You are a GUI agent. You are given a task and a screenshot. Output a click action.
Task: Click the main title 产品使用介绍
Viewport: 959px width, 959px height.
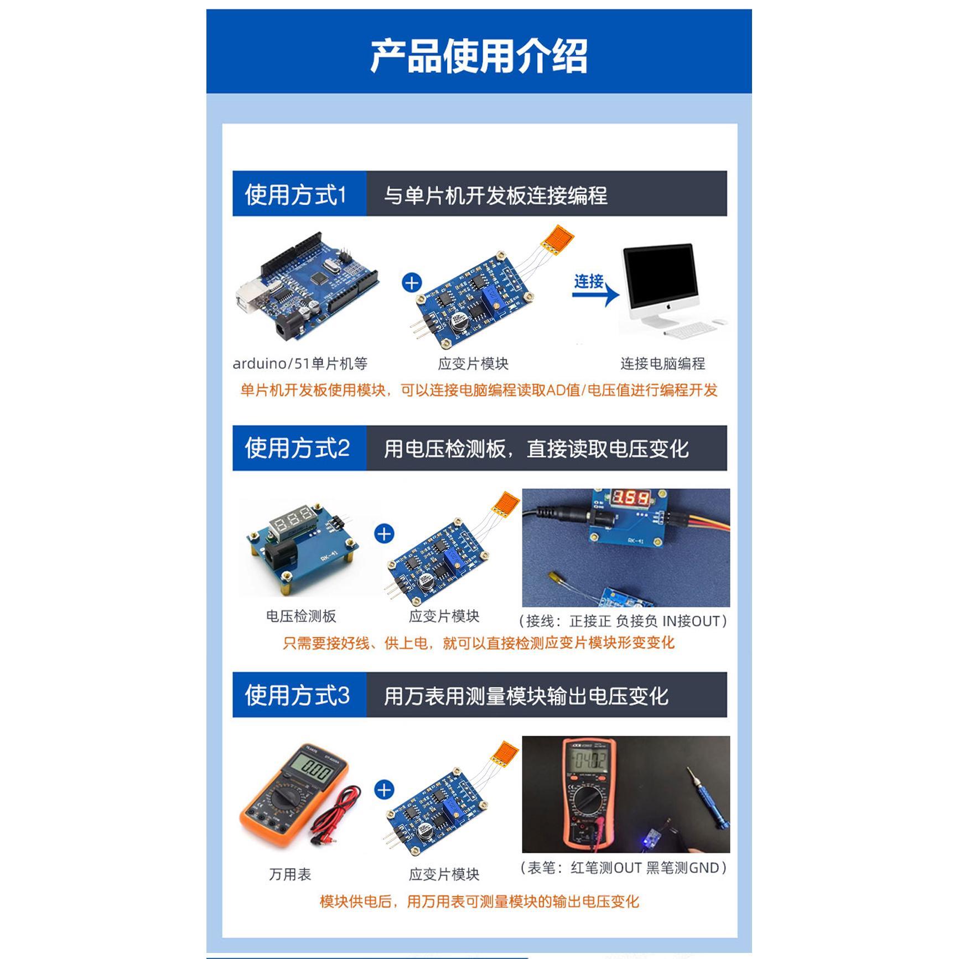tap(479, 56)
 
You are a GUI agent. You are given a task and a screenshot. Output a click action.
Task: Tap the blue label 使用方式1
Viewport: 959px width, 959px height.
tap(296, 195)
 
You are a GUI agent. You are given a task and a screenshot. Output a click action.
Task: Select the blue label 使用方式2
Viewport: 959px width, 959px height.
tap(297, 448)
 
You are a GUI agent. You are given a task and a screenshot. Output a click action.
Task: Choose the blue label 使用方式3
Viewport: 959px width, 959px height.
tap(297, 696)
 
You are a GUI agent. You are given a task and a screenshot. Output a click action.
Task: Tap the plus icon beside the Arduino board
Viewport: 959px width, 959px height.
tap(412, 283)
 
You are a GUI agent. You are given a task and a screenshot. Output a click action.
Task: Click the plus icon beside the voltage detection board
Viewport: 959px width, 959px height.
tap(384, 534)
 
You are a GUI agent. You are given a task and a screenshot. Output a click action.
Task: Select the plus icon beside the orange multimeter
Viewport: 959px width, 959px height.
tap(384, 790)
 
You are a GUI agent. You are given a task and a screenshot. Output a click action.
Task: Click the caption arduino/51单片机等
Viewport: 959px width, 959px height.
tap(300, 364)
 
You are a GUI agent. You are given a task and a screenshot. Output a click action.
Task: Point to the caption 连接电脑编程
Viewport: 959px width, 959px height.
tap(662, 364)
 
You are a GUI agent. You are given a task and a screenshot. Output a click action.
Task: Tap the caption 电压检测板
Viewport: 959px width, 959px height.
tap(301, 616)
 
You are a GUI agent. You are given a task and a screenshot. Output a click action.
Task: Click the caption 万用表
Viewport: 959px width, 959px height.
tap(290, 874)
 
